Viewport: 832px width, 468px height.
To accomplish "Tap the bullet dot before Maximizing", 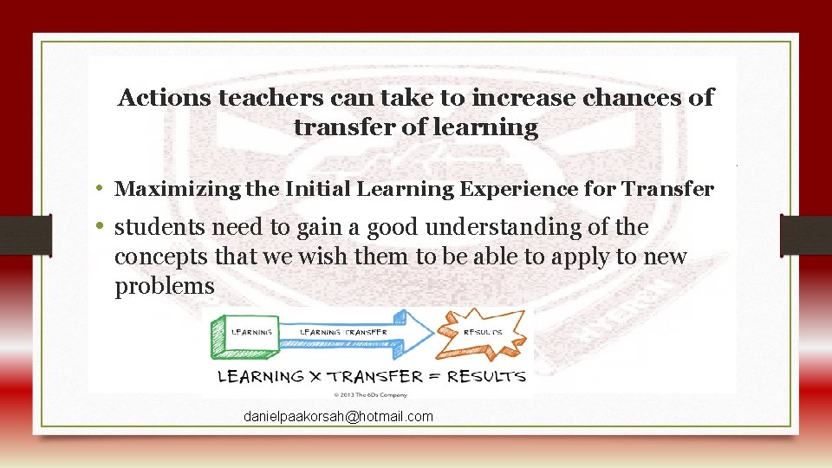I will pyautogui.click(x=101, y=188).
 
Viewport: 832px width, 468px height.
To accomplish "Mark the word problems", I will pyautogui.click(x=164, y=287).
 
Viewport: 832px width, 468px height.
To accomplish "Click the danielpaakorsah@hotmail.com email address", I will pyautogui.click(x=338, y=417).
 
